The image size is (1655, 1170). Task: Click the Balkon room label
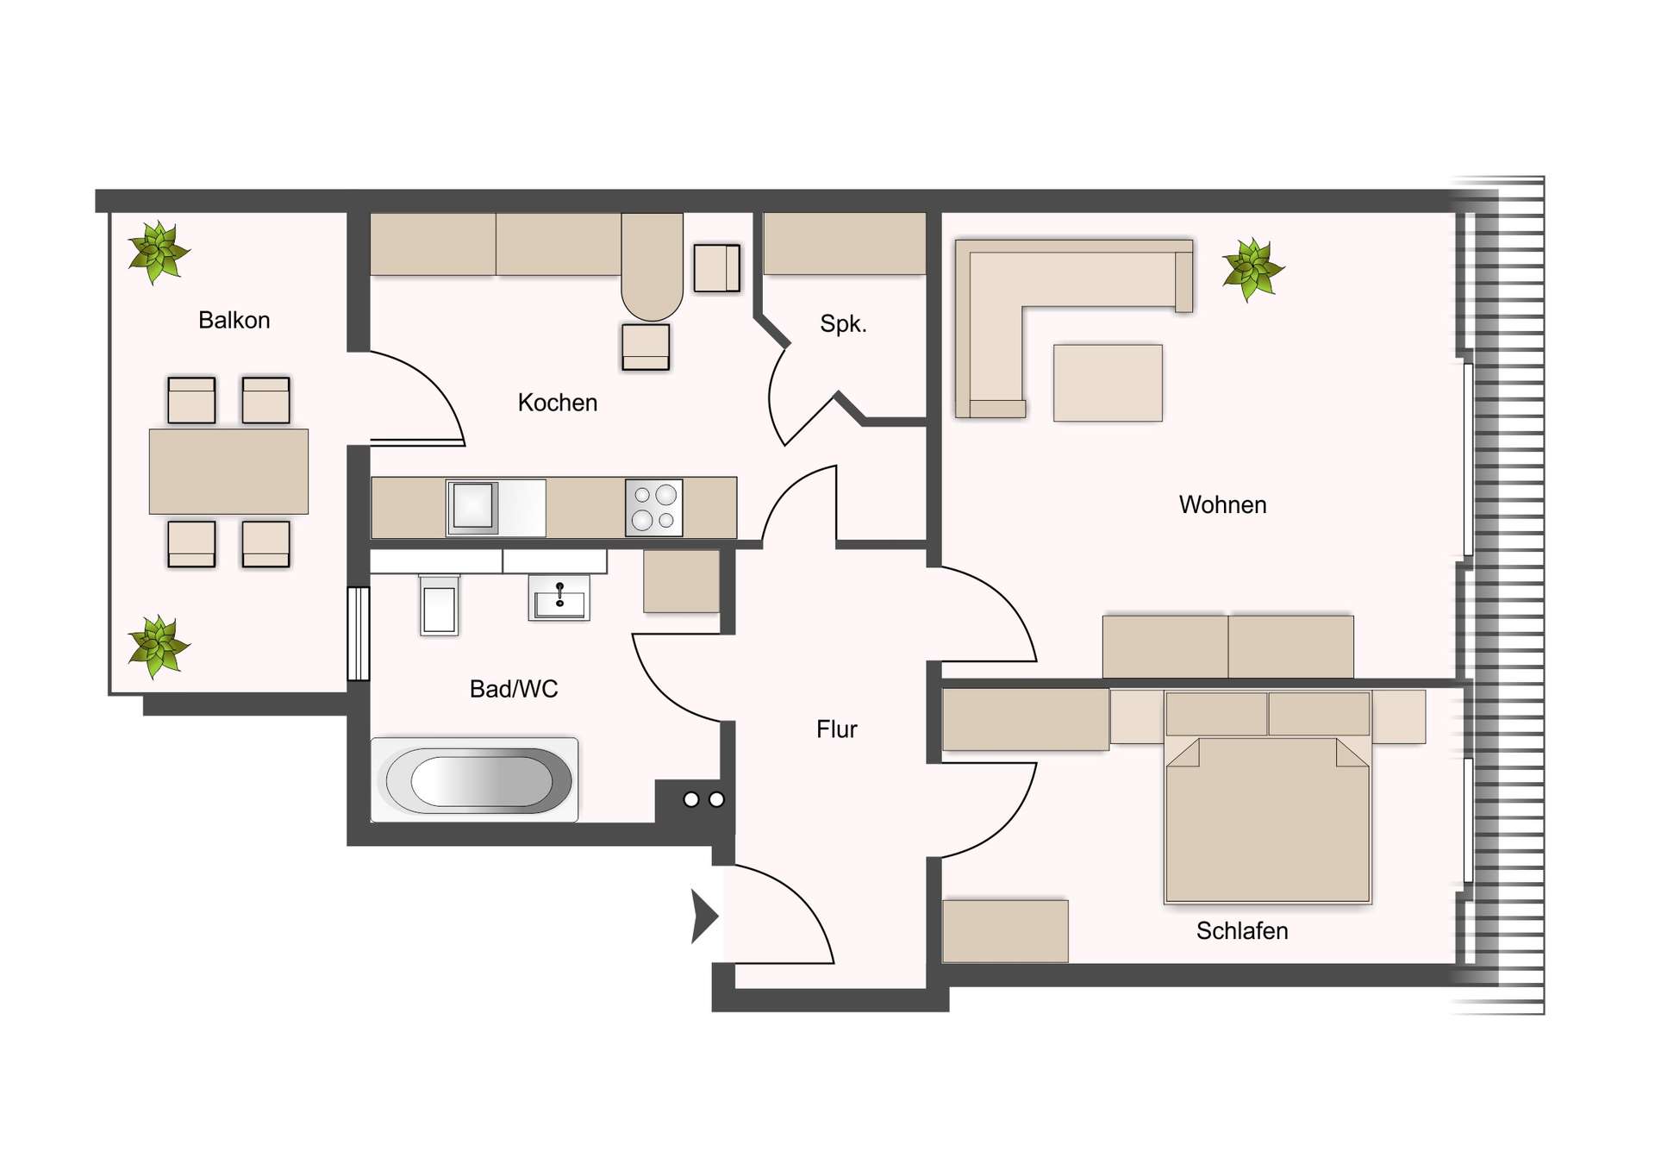pos(234,321)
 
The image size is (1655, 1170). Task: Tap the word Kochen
pos(557,403)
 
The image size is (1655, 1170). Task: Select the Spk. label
pos(842,324)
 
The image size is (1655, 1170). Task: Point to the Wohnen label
pos(1222,505)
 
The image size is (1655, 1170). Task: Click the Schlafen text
pos(1241,931)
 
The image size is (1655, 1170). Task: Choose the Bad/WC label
pos(514,689)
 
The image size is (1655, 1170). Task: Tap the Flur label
pos(836,729)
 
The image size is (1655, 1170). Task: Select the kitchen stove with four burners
pos(654,508)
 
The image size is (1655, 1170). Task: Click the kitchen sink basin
pos(472,506)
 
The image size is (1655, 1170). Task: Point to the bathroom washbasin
pos(559,598)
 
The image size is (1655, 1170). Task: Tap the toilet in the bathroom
pos(439,605)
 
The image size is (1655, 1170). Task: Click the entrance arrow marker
pos(703,916)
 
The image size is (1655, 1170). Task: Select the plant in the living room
pos(1252,269)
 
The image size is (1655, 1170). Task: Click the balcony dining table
pos(228,472)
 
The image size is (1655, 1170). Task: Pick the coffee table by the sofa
pos(1108,383)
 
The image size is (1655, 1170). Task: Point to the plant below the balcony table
pos(158,646)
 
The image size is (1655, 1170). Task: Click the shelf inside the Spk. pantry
pos(845,244)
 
